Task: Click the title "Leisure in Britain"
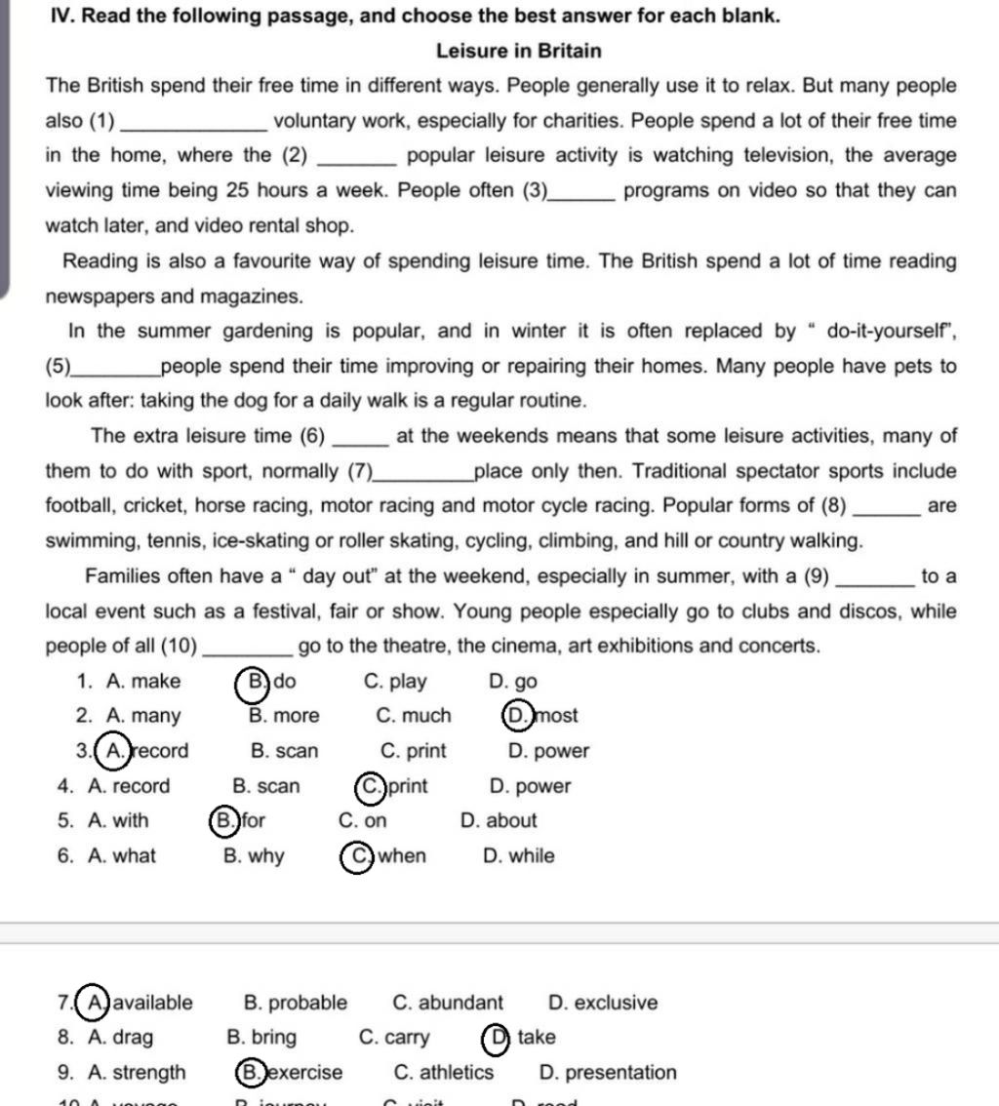(518, 51)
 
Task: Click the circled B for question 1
(255, 681)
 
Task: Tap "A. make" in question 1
(142, 681)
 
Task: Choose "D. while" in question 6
(519, 856)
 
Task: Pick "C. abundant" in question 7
(448, 1003)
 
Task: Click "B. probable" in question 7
(295, 1003)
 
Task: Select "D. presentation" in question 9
(607, 1073)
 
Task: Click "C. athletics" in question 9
(444, 1073)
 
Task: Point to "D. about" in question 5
(499, 821)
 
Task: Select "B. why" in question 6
(254, 856)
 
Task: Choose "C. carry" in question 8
(394, 1038)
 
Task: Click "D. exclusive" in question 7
(603, 1003)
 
